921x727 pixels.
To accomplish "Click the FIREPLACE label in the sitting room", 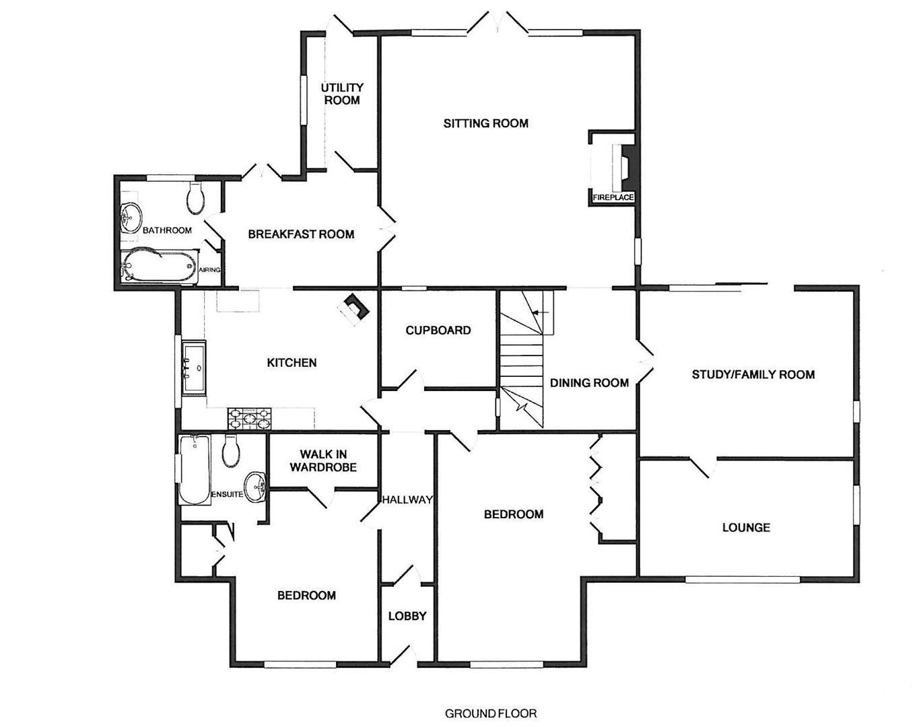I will point(613,197).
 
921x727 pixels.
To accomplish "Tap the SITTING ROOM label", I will point(485,123).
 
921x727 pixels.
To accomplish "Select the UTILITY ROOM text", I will point(342,94).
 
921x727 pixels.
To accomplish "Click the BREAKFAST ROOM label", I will point(301,234).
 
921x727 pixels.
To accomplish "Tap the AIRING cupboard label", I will point(209,270).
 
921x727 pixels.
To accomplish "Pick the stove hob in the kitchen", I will point(250,419).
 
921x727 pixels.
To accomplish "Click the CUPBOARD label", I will point(438,331).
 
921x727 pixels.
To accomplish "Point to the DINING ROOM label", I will point(589,383).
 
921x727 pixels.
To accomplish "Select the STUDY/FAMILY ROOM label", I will point(753,374).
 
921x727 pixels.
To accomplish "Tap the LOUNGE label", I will point(746,527).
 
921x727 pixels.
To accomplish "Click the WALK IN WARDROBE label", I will point(322,460).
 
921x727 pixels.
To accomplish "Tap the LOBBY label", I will point(407,616).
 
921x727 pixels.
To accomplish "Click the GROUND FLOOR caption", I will point(491,713).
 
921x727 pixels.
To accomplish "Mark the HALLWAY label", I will point(407,499).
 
